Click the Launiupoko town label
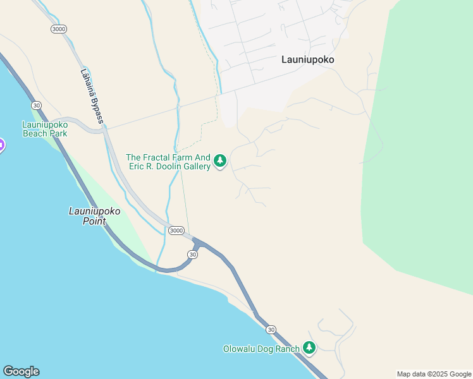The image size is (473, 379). pos(307,60)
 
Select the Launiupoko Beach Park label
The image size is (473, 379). pos(45,128)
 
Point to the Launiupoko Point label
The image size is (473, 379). pos(94,216)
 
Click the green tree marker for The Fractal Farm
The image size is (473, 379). pos(220,161)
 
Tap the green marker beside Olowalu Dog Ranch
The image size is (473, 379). pos(309,347)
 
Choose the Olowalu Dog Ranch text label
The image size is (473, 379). pos(261,349)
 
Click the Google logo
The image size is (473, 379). pos(21,371)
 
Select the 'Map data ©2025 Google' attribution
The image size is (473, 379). pos(434,374)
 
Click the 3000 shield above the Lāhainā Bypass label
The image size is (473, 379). pos(59,29)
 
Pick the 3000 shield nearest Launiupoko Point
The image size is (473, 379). pos(176,231)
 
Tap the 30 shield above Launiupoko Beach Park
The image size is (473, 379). pos(37,105)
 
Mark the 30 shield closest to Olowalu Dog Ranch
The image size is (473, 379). pos(271,330)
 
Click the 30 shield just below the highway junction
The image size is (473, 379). pos(193,254)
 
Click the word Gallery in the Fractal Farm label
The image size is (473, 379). pos(193,166)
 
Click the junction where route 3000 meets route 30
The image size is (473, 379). pos(197,241)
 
